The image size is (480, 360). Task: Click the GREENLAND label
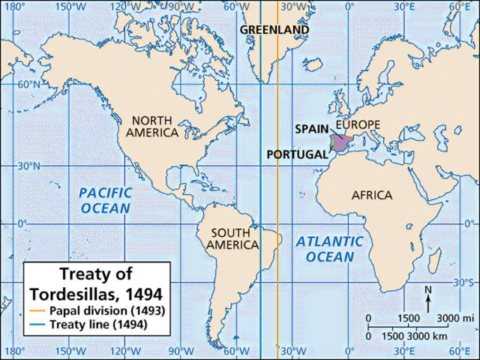[274, 29]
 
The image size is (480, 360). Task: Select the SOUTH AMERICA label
[235, 238]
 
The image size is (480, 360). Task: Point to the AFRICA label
[372, 195]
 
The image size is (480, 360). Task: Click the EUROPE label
[358, 124]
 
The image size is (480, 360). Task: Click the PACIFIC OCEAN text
[105, 199]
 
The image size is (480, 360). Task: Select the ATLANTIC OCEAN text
[329, 249]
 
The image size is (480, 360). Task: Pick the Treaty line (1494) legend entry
[99, 325]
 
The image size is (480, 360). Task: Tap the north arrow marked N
[427, 298]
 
